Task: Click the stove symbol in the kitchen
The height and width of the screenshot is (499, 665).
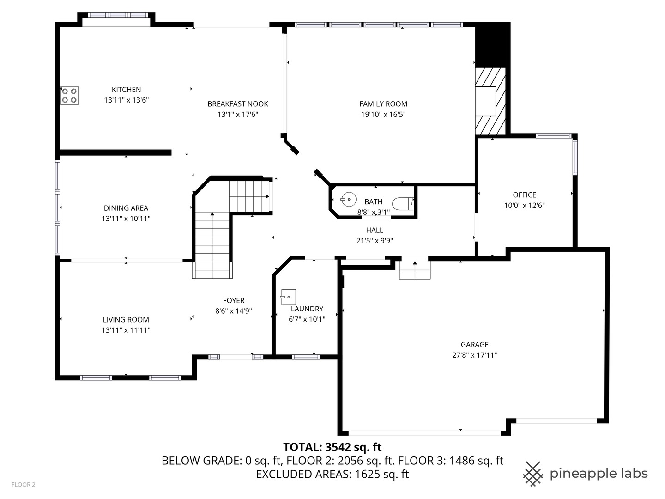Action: (69, 96)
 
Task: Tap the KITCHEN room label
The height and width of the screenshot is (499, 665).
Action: (126, 90)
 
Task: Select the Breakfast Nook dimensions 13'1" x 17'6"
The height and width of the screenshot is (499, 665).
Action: (237, 114)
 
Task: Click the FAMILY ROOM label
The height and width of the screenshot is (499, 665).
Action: (383, 104)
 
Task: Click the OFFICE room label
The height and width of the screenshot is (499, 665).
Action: (524, 195)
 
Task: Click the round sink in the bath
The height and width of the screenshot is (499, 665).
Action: (349, 200)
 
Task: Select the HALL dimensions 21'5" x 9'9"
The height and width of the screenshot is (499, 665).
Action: (375, 240)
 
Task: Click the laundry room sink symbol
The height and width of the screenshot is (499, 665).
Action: (288, 297)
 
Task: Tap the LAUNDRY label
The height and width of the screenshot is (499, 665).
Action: (307, 309)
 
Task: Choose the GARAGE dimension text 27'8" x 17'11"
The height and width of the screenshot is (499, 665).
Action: (474, 355)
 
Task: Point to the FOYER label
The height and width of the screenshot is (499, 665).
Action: (233, 300)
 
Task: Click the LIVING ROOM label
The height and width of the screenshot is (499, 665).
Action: (126, 319)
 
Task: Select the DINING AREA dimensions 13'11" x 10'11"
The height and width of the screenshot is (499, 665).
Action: (126, 219)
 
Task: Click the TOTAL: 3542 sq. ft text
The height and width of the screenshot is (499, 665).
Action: (332, 447)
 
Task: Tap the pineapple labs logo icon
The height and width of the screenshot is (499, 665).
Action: (532, 474)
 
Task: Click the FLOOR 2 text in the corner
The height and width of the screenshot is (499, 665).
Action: (23, 485)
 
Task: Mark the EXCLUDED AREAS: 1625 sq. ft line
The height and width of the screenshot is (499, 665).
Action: (332, 474)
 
